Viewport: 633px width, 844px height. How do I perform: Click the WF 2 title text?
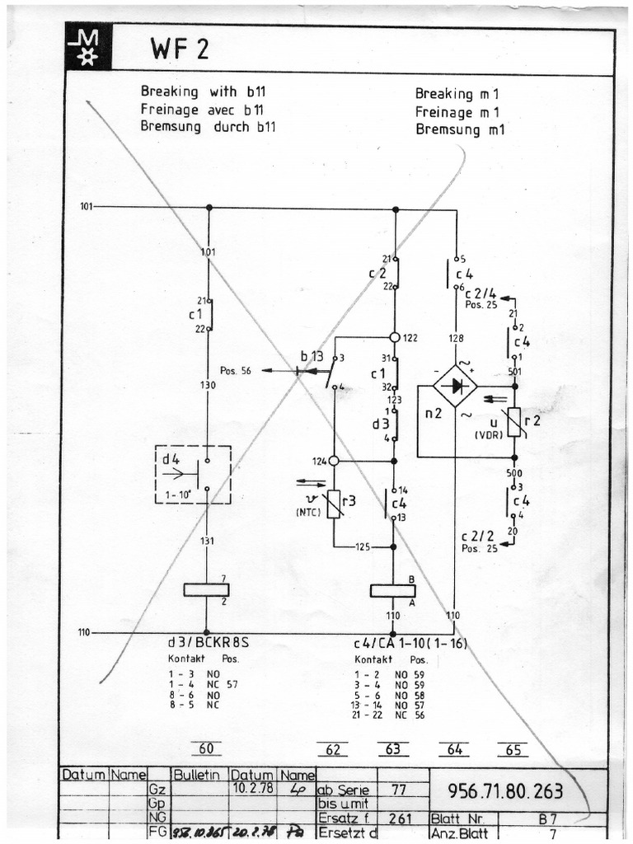tap(179, 50)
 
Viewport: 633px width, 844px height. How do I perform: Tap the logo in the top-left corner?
tap(87, 47)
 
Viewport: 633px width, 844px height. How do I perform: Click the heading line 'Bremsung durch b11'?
tap(208, 128)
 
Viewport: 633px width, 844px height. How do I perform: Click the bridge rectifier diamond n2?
tap(456, 386)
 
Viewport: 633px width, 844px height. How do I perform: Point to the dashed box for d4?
tap(193, 474)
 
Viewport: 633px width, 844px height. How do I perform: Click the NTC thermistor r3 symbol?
tap(334, 503)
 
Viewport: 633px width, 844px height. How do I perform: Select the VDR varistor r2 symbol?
tap(513, 421)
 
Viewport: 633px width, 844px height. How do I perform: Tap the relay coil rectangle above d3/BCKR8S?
tap(206, 589)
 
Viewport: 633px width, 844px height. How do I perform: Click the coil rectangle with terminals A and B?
tap(393, 591)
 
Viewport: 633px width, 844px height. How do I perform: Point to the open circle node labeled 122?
tap(395, 338)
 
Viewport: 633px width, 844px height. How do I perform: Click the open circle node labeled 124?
tap(334, 462)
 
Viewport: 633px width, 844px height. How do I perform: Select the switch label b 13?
tap(312, 356)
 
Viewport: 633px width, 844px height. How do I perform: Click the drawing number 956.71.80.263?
tap(505, 792)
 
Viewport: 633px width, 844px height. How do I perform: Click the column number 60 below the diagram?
tap(206, 749)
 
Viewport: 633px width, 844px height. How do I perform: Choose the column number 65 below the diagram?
tap(513, 750)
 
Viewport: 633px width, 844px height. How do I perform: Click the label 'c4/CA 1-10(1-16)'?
tap(404, 644)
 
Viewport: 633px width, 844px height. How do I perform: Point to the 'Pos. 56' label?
tap(235, 371)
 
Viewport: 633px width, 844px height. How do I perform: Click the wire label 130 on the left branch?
tap(208, 385)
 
